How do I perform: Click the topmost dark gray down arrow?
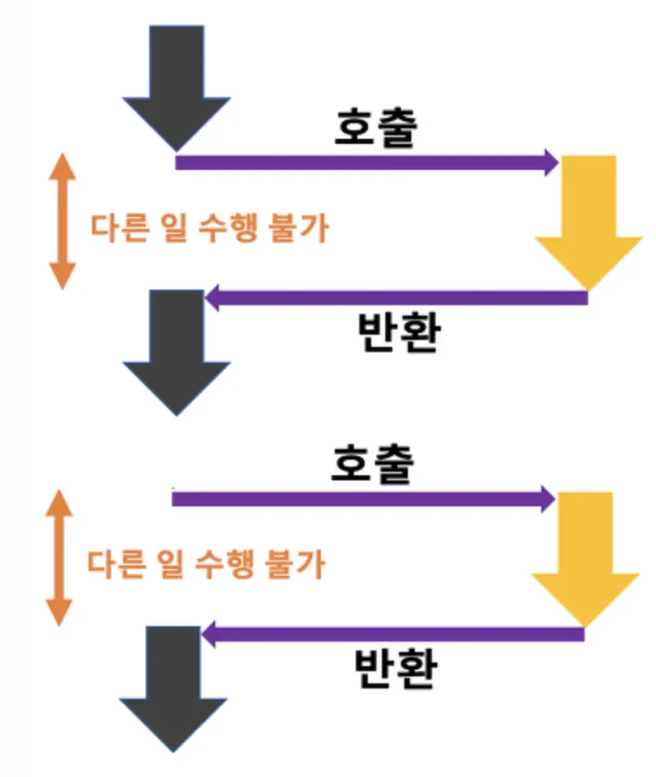click(176, 84)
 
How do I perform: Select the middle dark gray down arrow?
click(176, 349)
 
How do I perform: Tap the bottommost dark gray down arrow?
click(173, 686)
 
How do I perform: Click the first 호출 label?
click(377, 127)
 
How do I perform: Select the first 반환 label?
click(399, 332)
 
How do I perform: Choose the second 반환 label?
click(396, 668)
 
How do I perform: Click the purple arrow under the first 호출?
click(367, 162)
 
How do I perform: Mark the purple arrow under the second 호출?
click(364, 499)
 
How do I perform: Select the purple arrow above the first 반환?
click(397, 297)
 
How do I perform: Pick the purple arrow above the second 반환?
click(393, 634)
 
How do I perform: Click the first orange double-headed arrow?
click(62, 221)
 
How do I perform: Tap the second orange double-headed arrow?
click(59, 558)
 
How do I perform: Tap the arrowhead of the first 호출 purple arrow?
click(552, 162)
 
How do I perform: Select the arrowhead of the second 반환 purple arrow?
click(208, 634)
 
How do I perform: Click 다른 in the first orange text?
click(120, 228)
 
